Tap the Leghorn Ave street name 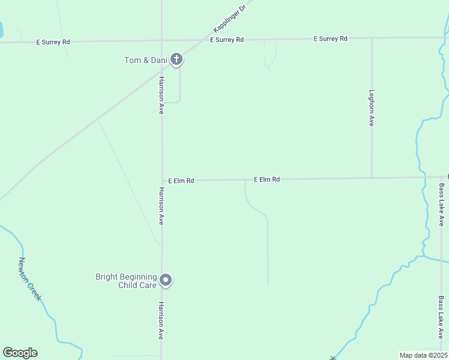tap(372, 108)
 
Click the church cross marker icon tap(176, 59)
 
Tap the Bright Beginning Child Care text tap(126, 281)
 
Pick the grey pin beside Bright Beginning tap(166, 280)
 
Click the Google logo tap(20, 353)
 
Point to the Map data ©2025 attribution tap(423, 355)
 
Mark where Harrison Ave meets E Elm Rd tap(161, 180)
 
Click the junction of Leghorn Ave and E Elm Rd tap(372, 178)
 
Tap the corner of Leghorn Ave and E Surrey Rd tap(372, 38)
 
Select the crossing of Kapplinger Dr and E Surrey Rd tap(198, 40)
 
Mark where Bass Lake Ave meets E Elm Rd tap(441, 177)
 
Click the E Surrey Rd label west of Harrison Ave tap(53, 42)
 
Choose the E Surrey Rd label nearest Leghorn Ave tap(331, 38)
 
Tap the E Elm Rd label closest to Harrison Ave tap(181, 180)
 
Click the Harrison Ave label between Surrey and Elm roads tap(161, 95)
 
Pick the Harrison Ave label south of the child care tap(161, 320)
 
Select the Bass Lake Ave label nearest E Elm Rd tap(441, 205)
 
